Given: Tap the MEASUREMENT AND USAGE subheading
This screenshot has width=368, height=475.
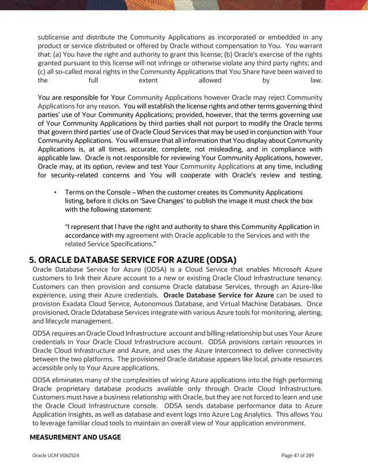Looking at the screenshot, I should tap(75, 438).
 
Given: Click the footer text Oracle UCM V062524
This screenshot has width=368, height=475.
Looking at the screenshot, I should tap(56, 455).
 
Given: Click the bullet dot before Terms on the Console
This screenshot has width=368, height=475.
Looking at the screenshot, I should tap(55, 192).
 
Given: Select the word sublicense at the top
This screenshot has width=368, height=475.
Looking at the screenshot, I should tap(55, 37).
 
